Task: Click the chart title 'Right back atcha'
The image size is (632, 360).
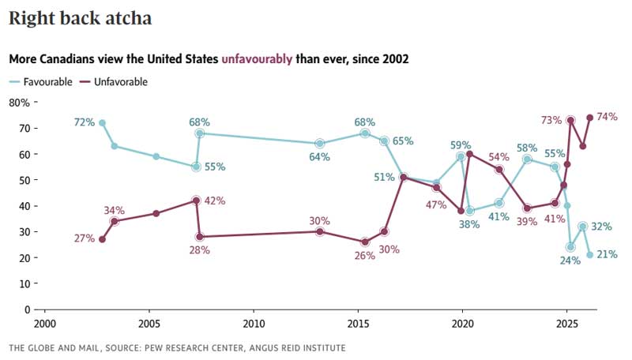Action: click(x=81, y=17)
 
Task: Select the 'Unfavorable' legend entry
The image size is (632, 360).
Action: click(x=121, y=81)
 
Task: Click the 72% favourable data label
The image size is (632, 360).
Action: click(x=85, y=122)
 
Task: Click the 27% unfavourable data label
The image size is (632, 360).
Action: click(x=85, y=238)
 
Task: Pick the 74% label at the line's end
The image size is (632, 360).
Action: click(x=607, y=117)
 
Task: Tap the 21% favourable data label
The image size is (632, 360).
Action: click(x=607, y=254)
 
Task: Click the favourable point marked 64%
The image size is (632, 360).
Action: click(x=319, y=143)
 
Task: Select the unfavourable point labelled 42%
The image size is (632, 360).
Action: click(x=196, y=201)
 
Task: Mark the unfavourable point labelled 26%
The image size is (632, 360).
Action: click(x=365, y=242)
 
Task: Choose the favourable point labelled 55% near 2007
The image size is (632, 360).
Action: click(x=196, y=167)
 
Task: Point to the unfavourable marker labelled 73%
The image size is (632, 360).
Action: click(x=570, y=120)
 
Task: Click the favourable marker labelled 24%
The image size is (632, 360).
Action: click(x=570, y=247)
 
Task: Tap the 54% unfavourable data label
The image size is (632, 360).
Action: click(x=499, y=156)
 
